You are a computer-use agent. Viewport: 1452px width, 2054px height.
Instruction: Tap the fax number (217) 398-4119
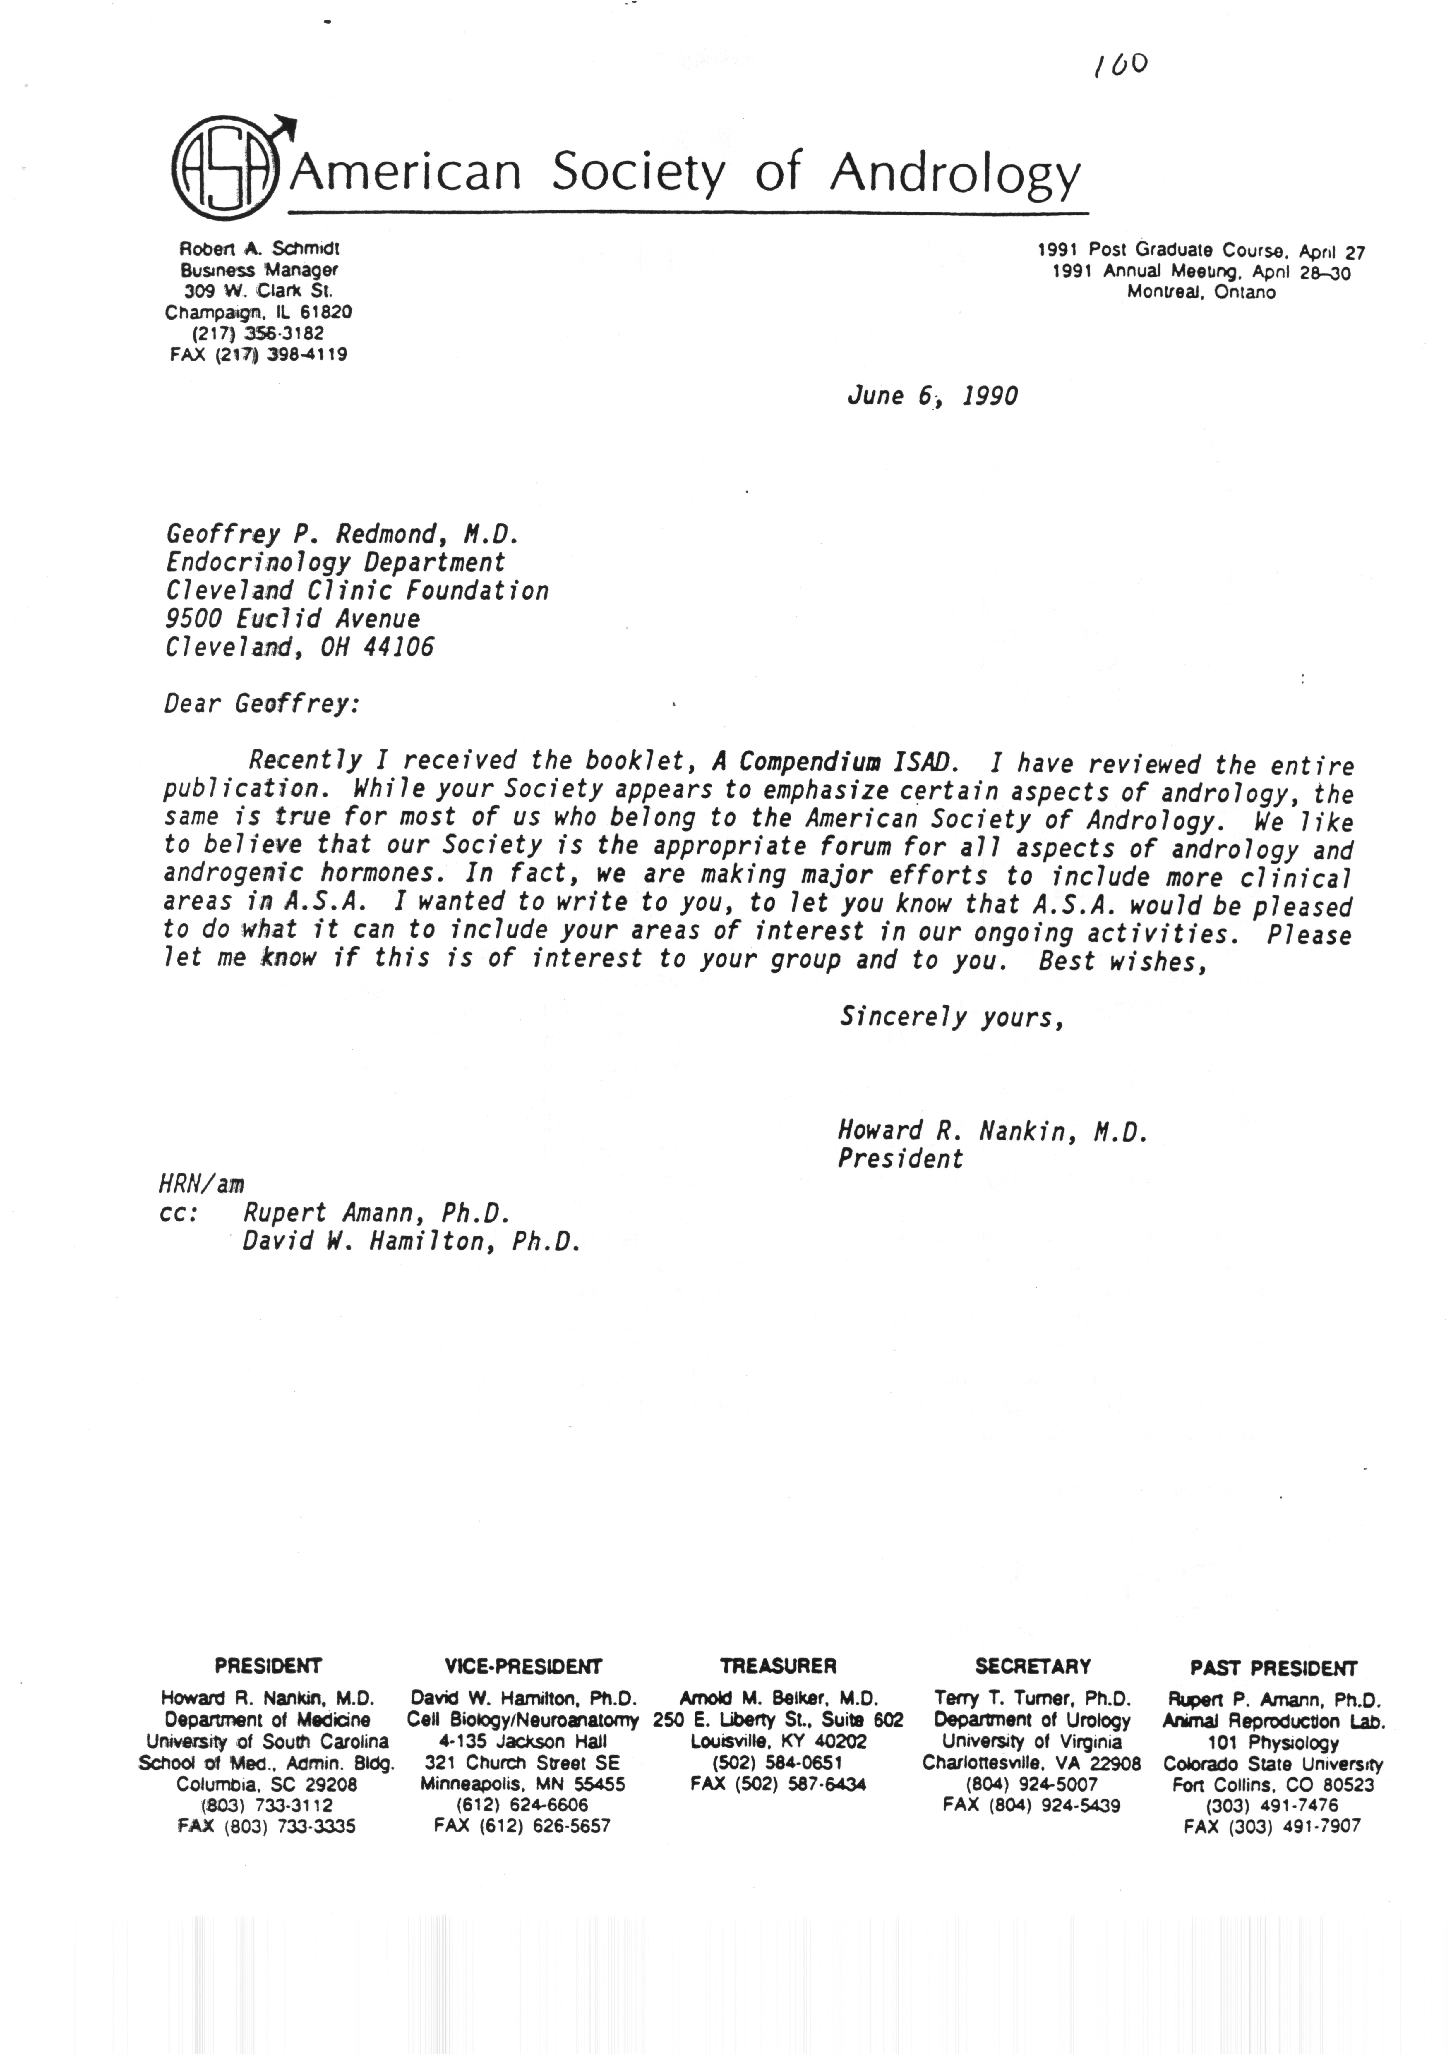tap(258, 354)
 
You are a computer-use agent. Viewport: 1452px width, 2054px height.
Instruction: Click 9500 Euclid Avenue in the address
tap(293, 618)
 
